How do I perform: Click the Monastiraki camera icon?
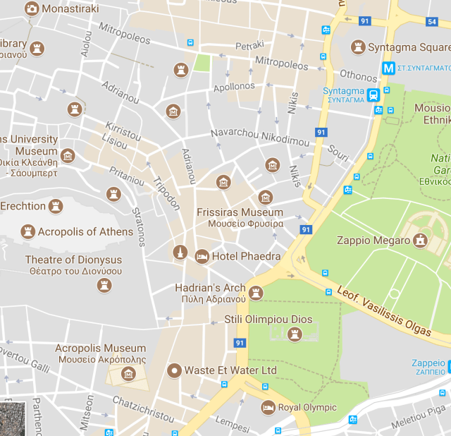click(32, 8)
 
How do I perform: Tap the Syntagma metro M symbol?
click(387, 68)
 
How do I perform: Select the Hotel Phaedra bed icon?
click(202, 256)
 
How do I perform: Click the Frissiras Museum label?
click(240, 212)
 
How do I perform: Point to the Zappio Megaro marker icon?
click(421, 241)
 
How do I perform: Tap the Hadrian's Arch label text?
click(210, 288)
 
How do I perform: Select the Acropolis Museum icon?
click(128, 373)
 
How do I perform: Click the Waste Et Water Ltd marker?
click(173, 370)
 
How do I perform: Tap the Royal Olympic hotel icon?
click(268, 407)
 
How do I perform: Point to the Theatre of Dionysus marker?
click(105, 284)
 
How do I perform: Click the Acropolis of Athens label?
click(85, 232)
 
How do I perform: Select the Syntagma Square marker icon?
click(359, 47)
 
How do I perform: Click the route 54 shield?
click(432, 22)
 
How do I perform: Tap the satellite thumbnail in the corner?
click(13, 419)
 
